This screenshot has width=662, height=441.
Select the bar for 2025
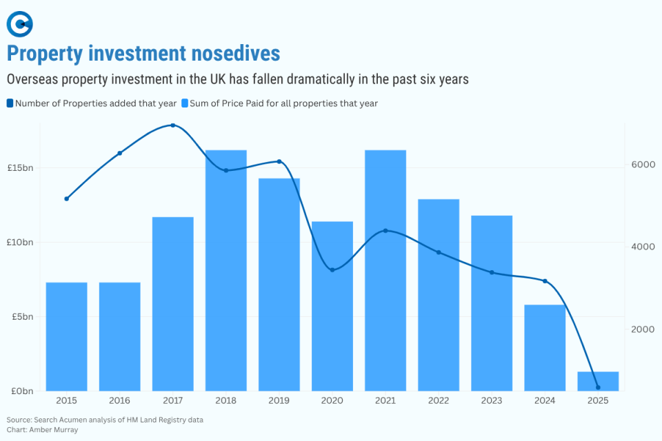(x=598, y=381)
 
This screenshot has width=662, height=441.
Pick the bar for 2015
(x=67, y=336)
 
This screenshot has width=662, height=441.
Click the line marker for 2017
(x=173, y=125)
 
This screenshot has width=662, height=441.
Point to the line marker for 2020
(x=332, y=269)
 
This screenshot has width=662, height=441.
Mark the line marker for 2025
(x=598, y=387)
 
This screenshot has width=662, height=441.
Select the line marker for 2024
(x=545, y=281)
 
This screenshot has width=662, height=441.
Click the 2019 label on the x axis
(x=279, y=401)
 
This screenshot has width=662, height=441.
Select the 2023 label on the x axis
(x=492, y=401)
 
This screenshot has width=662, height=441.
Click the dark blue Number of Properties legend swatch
(x=10, y=103)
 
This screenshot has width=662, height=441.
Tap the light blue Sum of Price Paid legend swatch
(x=184, y=103)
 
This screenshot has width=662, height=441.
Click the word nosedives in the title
(x=233, y=54)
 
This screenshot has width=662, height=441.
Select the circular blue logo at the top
(x=20, y=24)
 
